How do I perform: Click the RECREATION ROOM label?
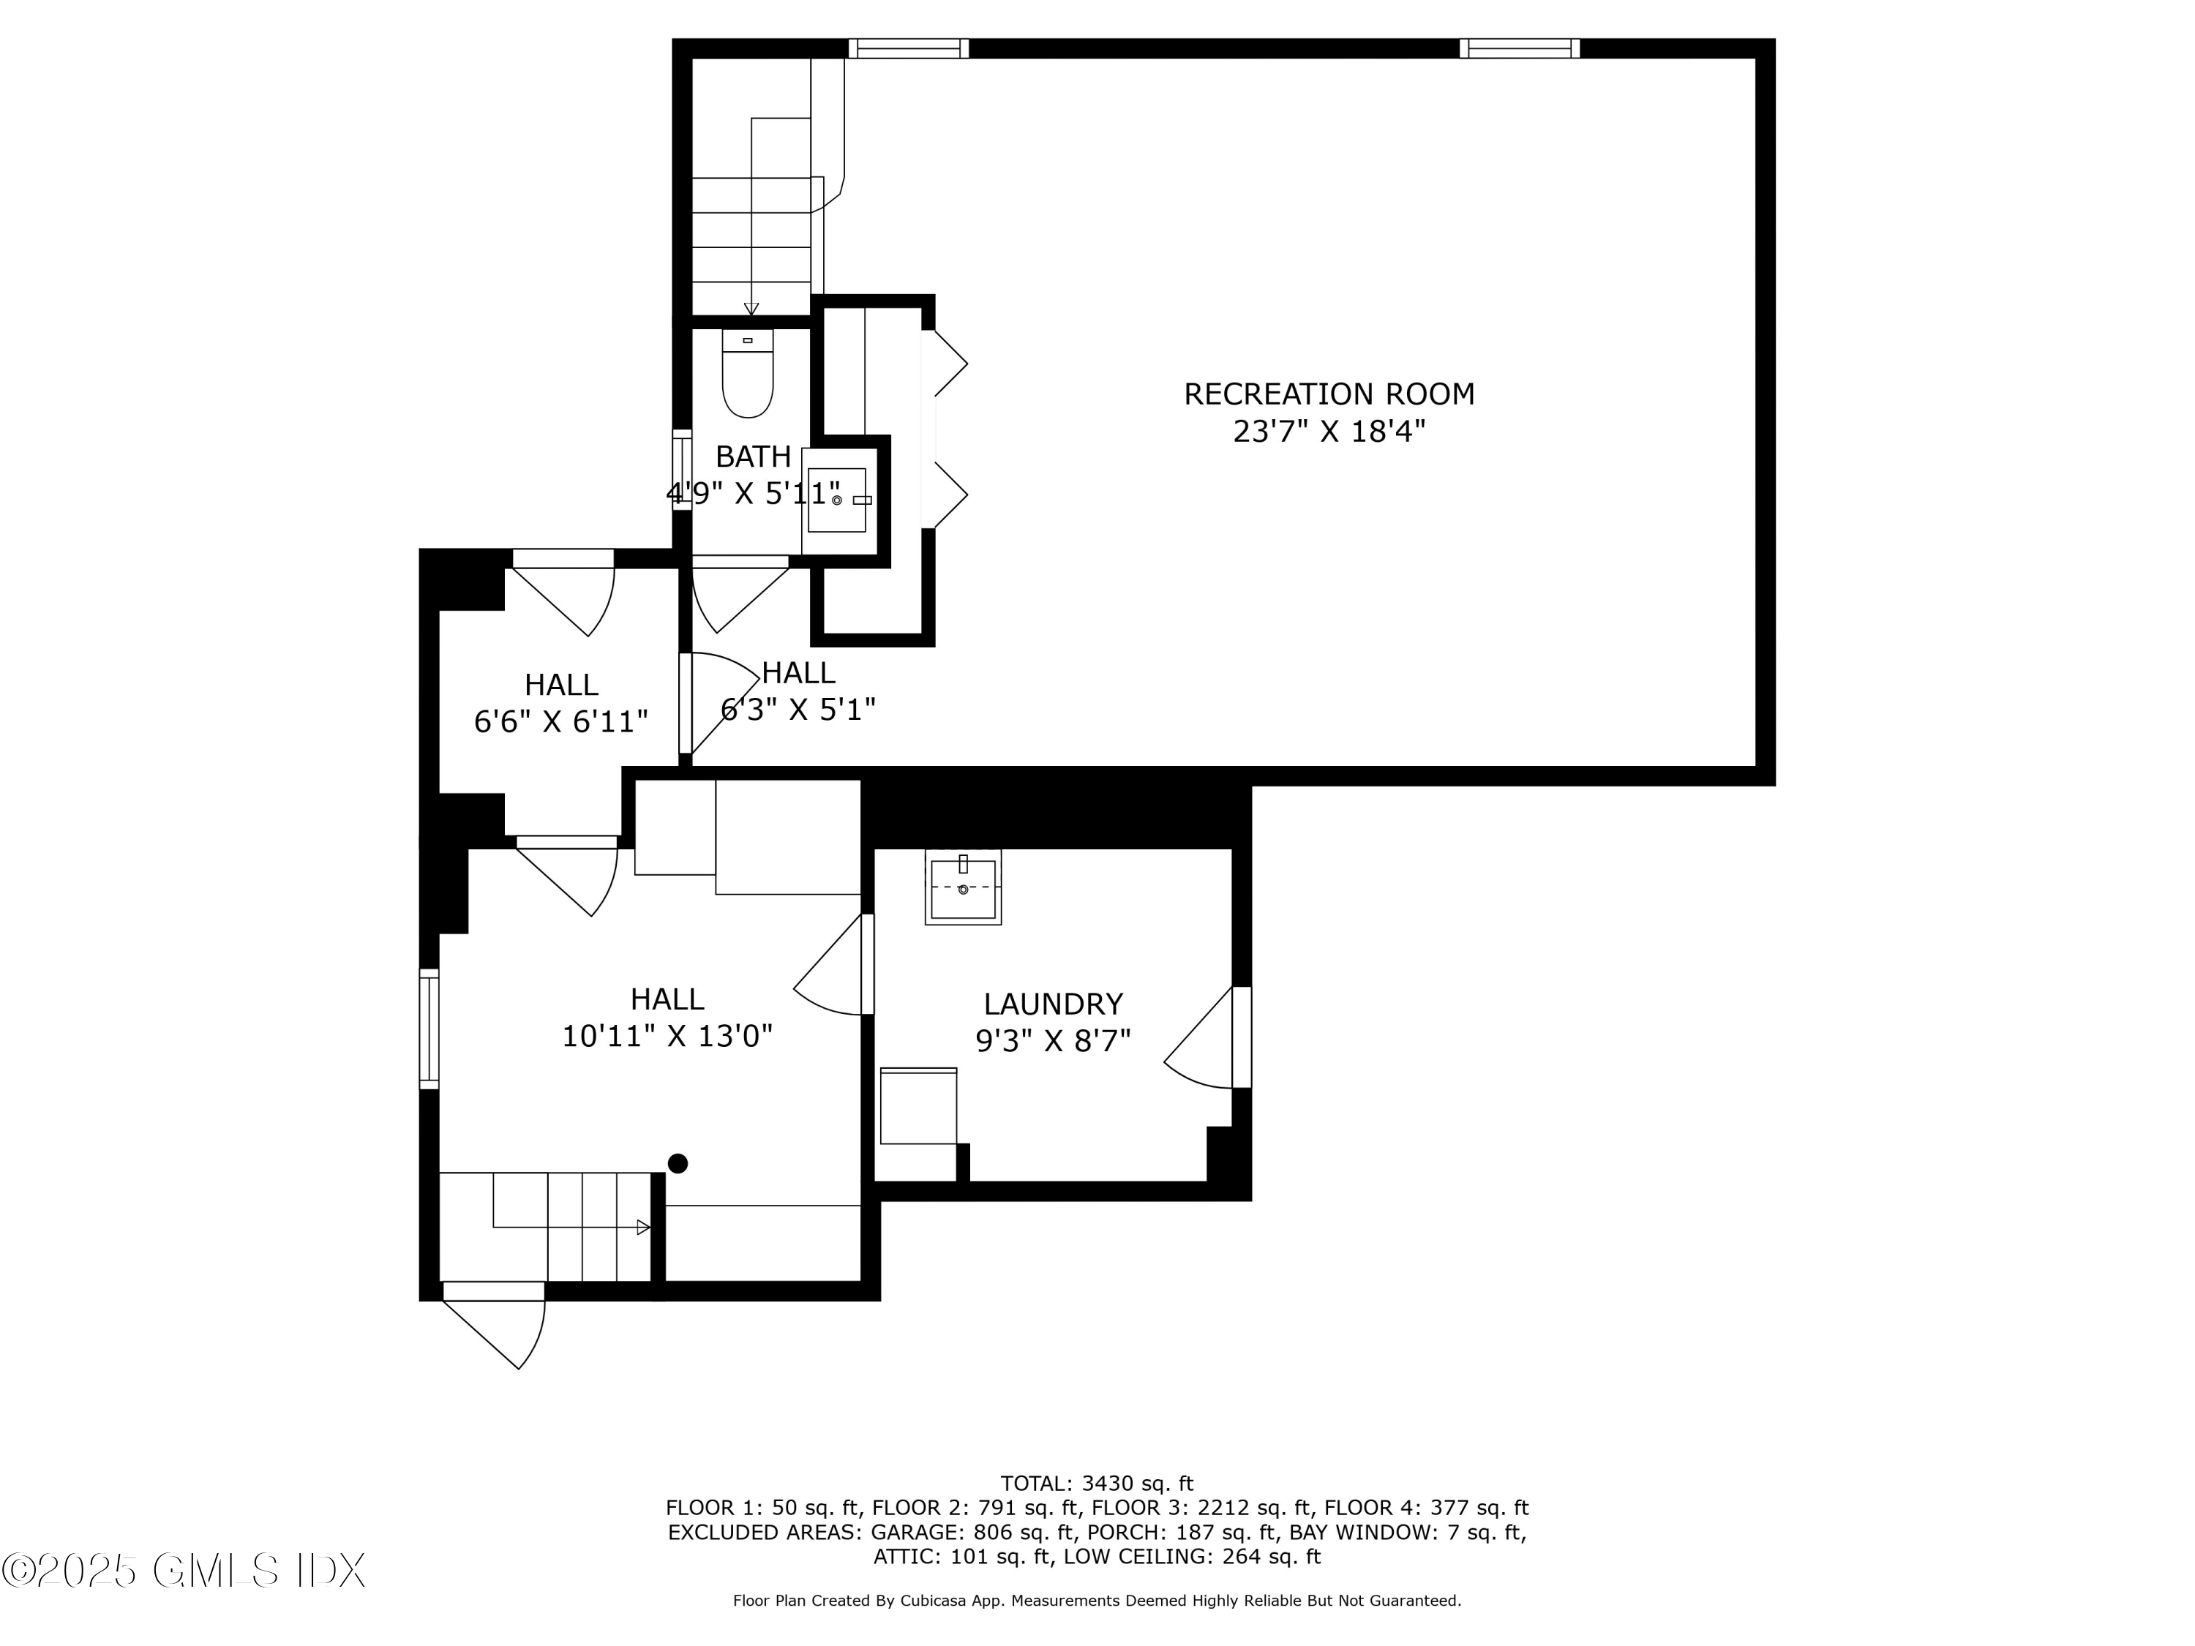[x=1328, y=394]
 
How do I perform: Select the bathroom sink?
[x=836, y=500]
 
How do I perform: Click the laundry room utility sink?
[x=963, y=887]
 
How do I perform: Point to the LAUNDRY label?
[x=1053, y=1004]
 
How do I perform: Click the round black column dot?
[x=678, y=1163]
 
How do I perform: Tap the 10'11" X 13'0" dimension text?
[x=667, y=1036]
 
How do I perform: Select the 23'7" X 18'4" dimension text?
[x=1328, y=432]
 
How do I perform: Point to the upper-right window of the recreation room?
[x=1518, y=48]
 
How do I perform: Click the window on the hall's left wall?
[x=429, y=1028]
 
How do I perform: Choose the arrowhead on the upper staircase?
[x=751, y=309]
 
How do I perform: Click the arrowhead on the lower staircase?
[x=643, y=1228]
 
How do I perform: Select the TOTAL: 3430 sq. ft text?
[x=1097, y=1484]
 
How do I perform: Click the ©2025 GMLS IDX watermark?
[x=184, y=1571]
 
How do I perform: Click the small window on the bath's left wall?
[x=682, y=470]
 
